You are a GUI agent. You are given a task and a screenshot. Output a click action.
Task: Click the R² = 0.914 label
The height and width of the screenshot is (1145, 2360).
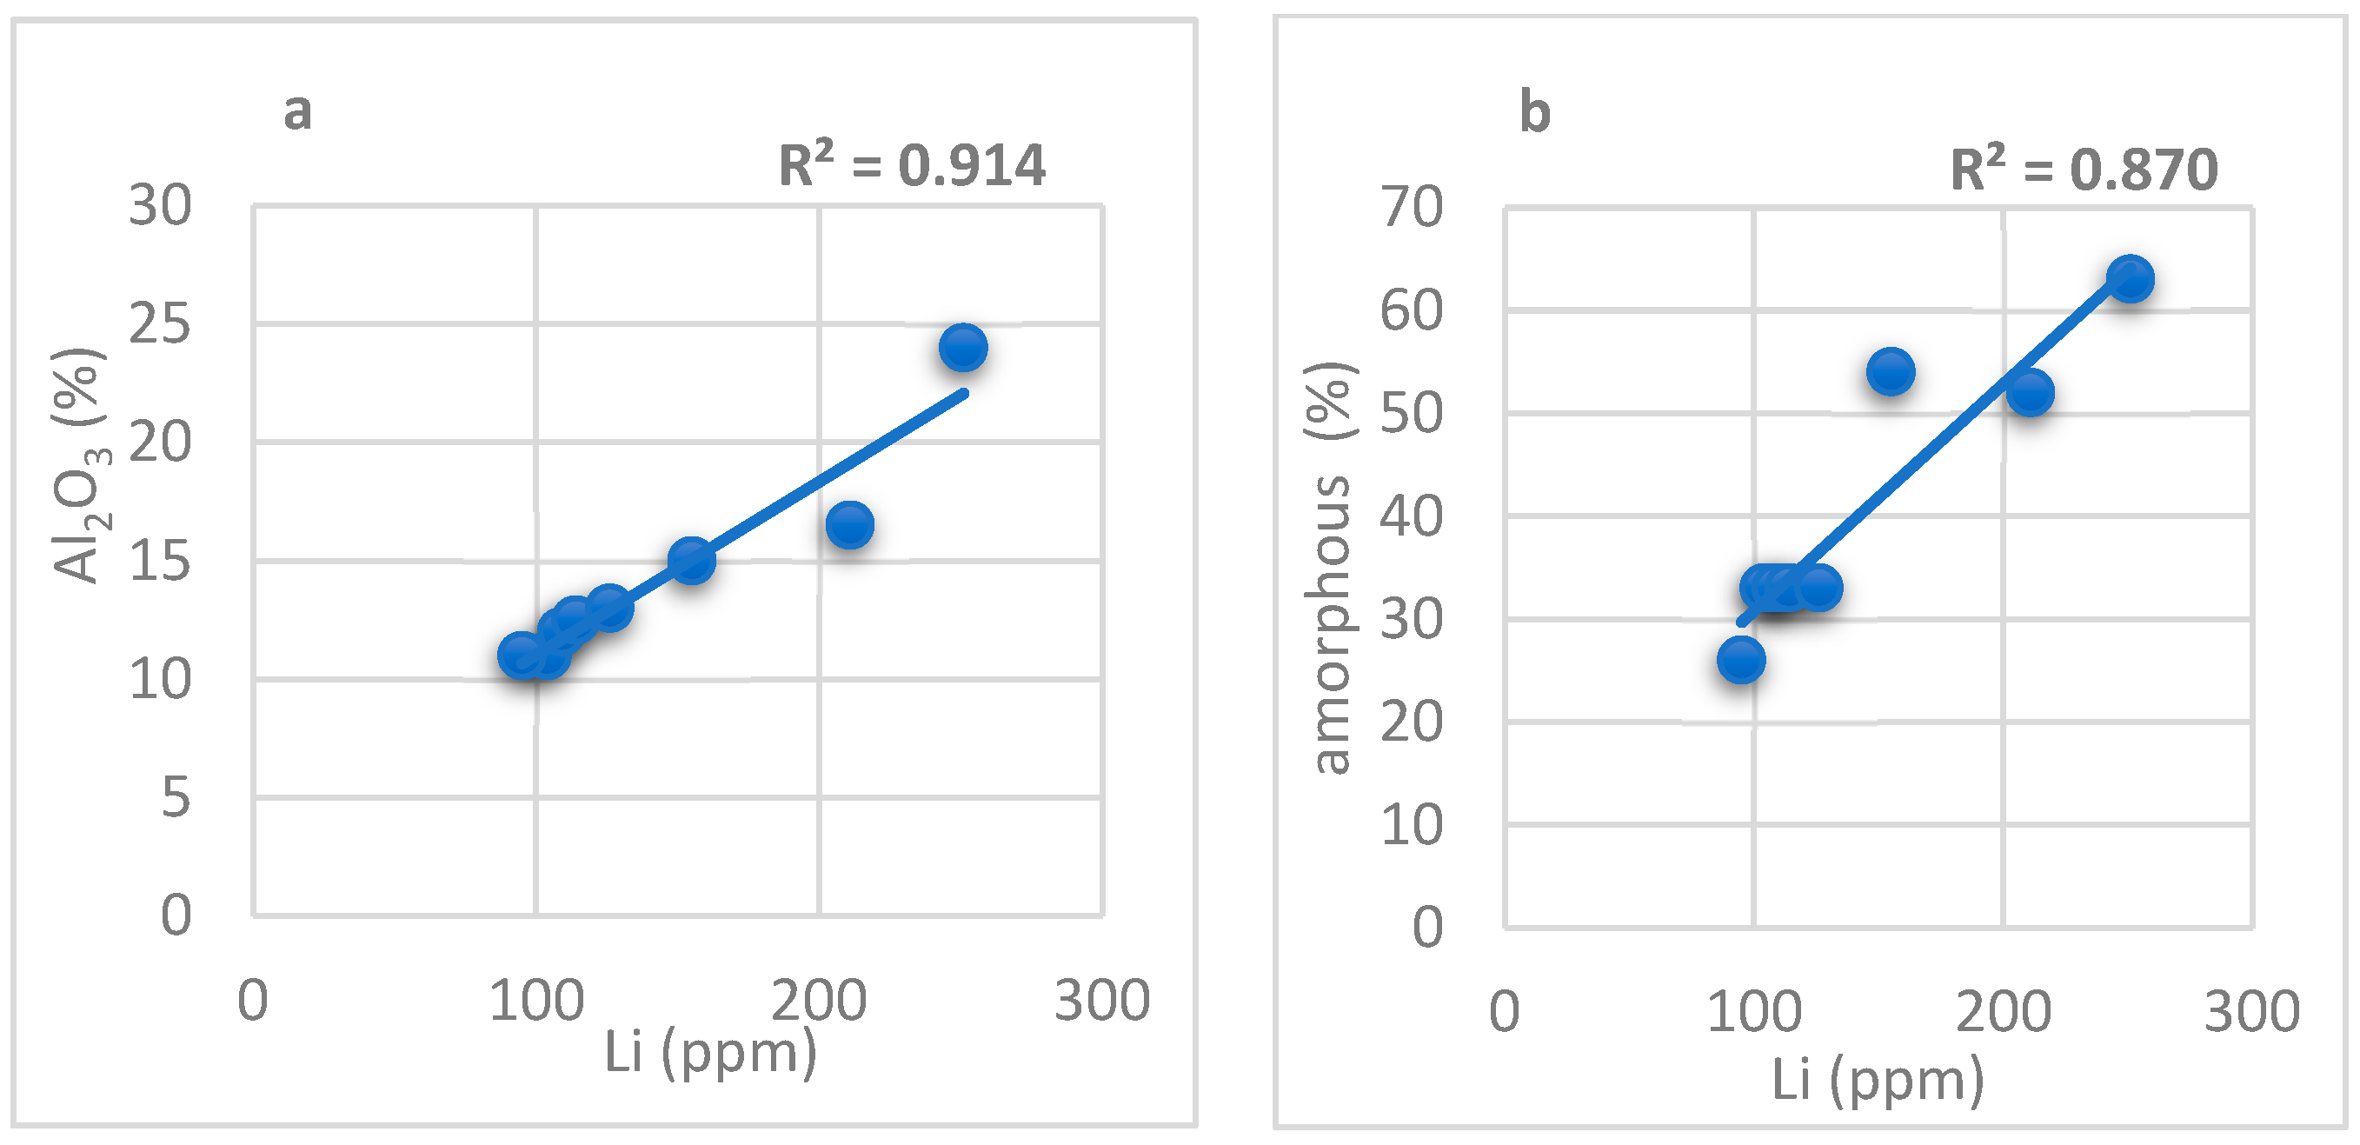[x=912, y=166]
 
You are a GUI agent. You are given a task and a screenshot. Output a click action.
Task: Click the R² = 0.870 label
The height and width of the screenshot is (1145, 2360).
[x=2084, y=170]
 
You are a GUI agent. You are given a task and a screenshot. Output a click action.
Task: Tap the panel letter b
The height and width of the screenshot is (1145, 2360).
[x=1534, y=114]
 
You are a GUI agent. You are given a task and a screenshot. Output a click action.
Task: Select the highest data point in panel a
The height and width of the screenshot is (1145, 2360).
[x=963, y=348]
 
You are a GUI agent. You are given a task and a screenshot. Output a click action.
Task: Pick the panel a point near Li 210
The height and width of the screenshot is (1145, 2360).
[x=849, y=525]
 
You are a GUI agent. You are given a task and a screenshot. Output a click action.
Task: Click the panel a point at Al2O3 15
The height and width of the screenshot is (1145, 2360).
[x=691, y=560]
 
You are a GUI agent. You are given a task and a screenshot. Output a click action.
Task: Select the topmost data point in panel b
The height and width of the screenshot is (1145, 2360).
[x=2130, y=278]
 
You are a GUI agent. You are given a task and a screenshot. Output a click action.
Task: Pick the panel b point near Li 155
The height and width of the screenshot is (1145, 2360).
[x=1891, y=372]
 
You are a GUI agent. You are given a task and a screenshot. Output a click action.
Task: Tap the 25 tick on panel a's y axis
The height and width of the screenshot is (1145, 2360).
[x=160, y=324]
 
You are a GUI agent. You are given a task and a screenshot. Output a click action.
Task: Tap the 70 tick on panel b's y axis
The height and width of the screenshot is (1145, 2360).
[x=1412, y=207]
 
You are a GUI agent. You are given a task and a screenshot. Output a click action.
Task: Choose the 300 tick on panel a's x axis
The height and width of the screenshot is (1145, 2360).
[x=1101, y=1001]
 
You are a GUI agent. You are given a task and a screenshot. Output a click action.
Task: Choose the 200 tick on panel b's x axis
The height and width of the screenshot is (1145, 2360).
[x=2003, y=1012]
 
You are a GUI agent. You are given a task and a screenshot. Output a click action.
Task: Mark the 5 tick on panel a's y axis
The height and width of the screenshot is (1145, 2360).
[x=176, y=798]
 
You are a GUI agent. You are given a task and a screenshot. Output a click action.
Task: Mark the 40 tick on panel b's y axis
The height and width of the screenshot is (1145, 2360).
[x=1412, y=516]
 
